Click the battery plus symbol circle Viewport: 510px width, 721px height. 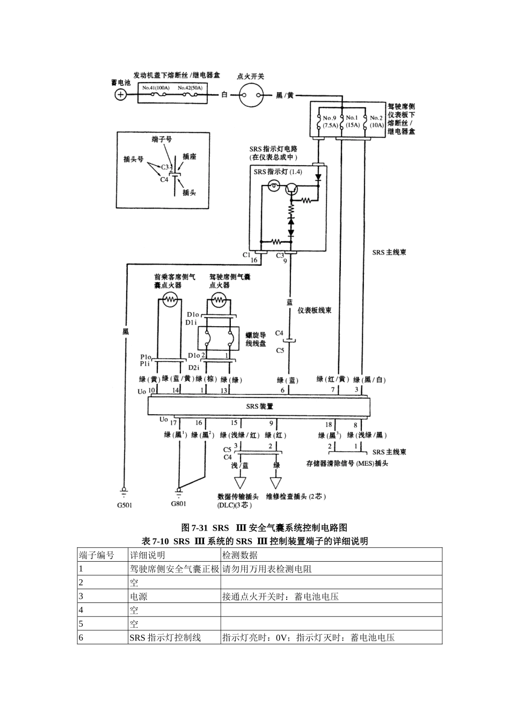121,95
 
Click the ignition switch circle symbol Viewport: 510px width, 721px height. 252,95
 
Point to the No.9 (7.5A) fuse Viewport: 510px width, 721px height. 328,121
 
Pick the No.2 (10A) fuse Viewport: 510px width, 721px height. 376,121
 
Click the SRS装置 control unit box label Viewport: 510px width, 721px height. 259,406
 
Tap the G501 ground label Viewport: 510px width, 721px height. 124,505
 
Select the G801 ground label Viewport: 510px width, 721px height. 179,504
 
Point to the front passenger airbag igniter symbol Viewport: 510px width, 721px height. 169,300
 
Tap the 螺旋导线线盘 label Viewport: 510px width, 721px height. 256,339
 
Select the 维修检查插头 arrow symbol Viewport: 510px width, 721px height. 276,482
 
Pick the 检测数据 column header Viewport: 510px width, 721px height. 240,555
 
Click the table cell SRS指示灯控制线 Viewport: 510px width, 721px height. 165,637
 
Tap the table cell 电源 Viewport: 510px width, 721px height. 139,596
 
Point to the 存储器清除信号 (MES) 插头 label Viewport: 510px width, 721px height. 347,464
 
